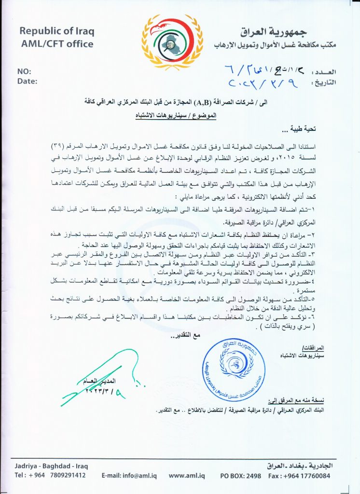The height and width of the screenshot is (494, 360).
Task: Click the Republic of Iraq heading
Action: pos(56,31)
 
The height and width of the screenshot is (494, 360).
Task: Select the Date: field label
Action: pos(27,81)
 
